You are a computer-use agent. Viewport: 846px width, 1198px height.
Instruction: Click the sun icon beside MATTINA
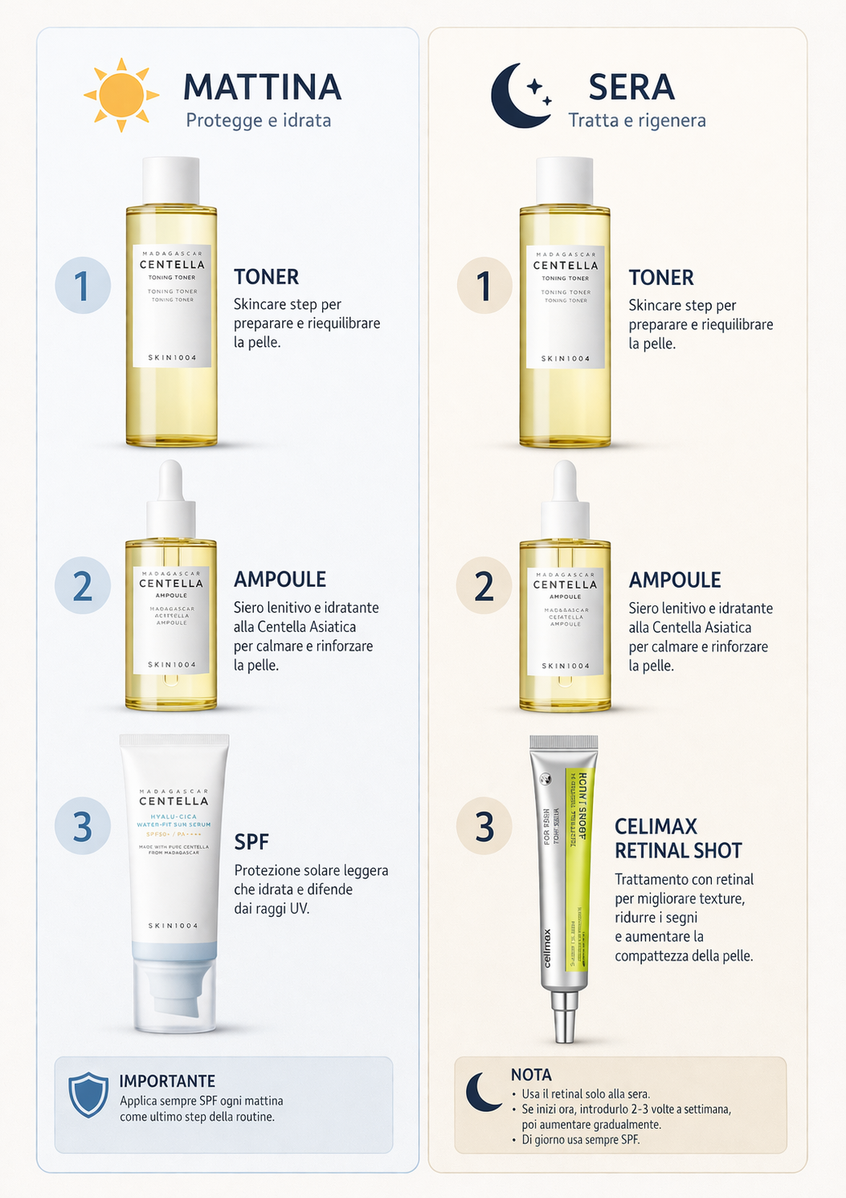[x=121, y=95]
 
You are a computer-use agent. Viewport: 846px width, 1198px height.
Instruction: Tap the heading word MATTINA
[x=262, y=88]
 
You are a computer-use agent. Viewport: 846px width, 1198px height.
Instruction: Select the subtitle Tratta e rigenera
[x=636, y=120]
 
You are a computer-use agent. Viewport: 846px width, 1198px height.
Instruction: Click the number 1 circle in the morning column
[x=83, y=286]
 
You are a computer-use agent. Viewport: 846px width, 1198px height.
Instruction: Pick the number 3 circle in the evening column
[x=484, y=826]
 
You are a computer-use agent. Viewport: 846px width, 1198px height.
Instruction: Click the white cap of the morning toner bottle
[x=171, y=180]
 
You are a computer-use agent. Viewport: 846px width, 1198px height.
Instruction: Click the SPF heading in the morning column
[x=251, y=841]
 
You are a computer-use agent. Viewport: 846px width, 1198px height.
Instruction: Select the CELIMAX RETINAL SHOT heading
[x=677, y=838]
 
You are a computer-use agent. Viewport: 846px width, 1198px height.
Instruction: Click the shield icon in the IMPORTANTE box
[x=88, y=1094]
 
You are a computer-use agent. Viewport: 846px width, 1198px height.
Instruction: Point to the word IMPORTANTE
[x=167, y=1081]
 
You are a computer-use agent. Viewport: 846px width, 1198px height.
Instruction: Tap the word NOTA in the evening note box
[x=531, y=1074]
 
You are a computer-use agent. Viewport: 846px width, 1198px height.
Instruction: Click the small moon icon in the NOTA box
[x=484, y=1092]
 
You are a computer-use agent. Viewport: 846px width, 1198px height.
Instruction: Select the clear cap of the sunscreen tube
[x=174, y=996]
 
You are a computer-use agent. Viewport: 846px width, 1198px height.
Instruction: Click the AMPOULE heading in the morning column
[x=280, y=579]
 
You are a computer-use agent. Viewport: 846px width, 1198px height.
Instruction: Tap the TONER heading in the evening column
[x=660, y=277]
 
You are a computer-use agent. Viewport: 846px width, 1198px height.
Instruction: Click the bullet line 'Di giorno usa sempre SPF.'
[x=580, y=1139]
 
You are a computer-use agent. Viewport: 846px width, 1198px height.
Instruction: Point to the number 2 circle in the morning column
[x=83, y=585]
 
